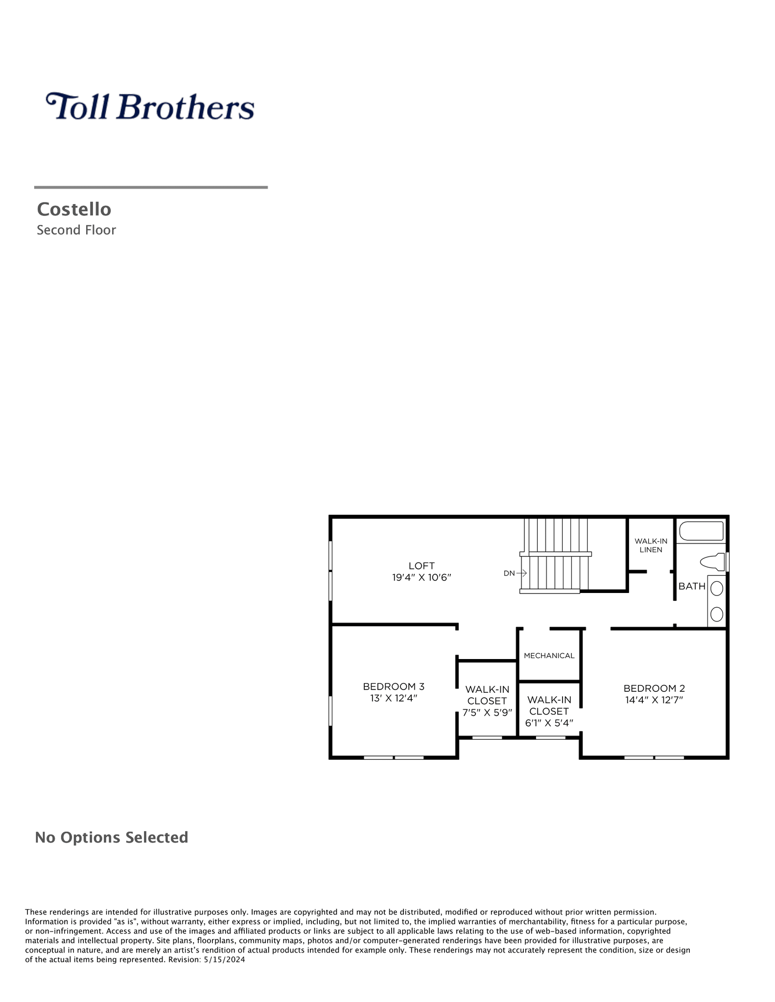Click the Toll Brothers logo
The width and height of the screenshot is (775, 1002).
(x=150, y=107)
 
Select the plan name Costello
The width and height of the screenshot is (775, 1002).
(x=74, y=209)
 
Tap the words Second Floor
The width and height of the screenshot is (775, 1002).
(x=76, y=230)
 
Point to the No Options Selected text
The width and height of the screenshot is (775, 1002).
(x=112, y=837)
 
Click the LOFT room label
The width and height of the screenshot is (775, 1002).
(x=422, y=566)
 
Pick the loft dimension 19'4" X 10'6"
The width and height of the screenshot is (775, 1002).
(x=422, y=577)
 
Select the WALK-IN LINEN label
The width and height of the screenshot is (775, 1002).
(x=651, y=545)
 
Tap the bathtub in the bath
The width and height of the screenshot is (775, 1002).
(x=702, y=531)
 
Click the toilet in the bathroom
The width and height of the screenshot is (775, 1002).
(x=713, y=562)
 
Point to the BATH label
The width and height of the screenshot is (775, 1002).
(x=692, y=586)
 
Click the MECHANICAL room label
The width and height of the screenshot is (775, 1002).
(x=549, y=656)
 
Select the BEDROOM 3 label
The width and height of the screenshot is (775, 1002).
(x=394, y=686)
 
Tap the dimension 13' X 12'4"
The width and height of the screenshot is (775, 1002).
(x=394, y=698)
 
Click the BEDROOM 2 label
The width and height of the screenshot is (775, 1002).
(x=654, y=688)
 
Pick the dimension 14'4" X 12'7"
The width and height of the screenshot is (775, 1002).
(x=654, y=700)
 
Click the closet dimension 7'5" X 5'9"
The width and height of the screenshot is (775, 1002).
(x=487, y=713)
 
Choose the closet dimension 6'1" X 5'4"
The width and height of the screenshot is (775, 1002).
(x=549, y=723)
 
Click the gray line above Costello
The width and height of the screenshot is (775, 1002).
(x=151, y=187)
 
